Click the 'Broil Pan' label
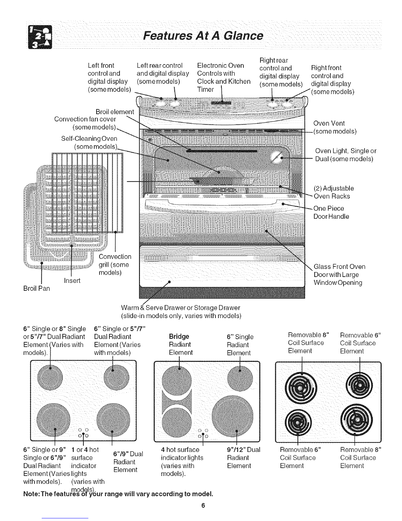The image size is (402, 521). pyautogui.click(x=37, y=288)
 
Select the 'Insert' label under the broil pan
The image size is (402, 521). pyautogui.click(x=72, y=281)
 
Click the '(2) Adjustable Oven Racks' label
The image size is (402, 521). pyautogui.click(x=334, y=192)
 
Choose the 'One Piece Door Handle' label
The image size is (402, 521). pyautogui.click(x=331, y=212)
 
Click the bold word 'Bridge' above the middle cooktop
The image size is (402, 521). pyautogui.click(x=179, y=336)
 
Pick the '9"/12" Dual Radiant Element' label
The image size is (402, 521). pyautogui.click(x=243, y=458)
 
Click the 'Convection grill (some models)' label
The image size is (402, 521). pyautogui.click(x=115, y=264)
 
